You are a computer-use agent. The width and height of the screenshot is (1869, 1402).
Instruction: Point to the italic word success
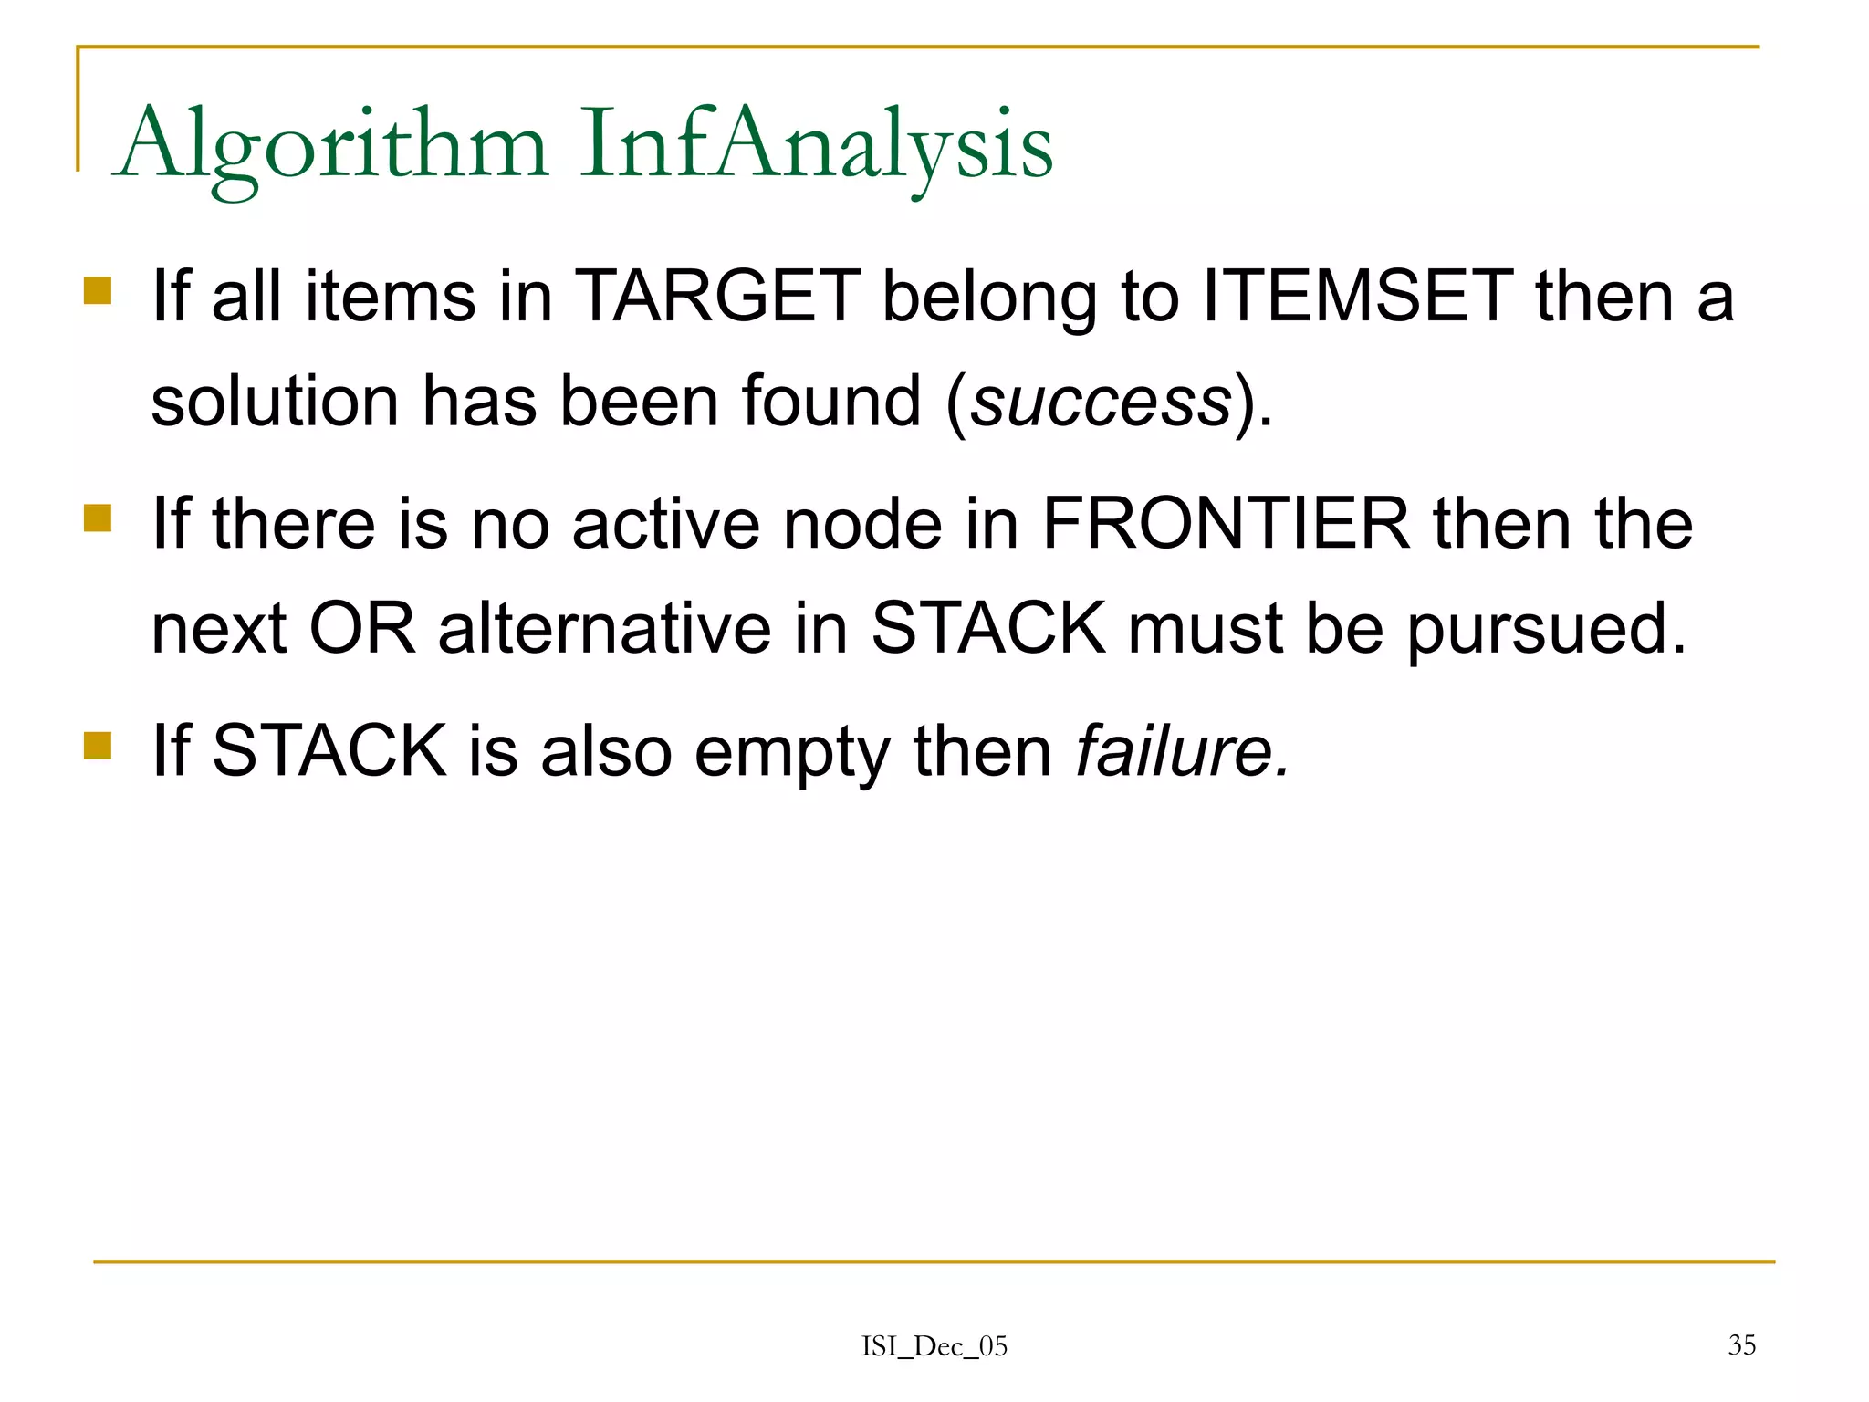(1101, 402)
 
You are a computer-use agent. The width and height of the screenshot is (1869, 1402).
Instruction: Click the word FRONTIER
(1226, 524)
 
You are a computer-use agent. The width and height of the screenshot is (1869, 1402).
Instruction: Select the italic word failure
(1182, 750)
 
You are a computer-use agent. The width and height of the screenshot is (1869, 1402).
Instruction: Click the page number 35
(1741, 1344)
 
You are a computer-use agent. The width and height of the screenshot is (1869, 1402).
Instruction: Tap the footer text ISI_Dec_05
(934, 1346)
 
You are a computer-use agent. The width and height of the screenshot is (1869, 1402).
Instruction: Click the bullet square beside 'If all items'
(98, 291)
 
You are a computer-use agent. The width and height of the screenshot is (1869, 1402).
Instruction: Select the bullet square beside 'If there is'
(98, 518)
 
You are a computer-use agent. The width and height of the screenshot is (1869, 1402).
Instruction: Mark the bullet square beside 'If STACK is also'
(98, 745)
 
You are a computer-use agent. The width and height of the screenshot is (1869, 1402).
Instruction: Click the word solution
(274, 402)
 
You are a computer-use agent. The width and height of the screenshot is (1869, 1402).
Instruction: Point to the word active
(666, 524)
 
